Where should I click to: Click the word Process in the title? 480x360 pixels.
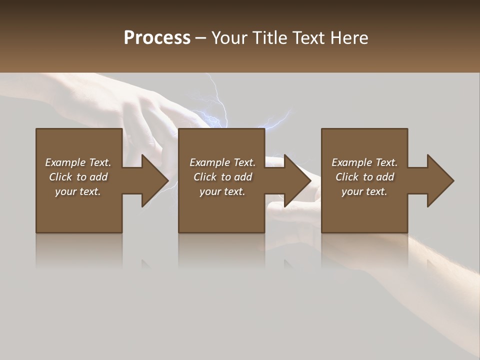157,38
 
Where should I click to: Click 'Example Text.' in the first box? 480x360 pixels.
78,162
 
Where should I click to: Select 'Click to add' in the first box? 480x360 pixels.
78,177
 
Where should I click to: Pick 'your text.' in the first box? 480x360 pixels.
78,191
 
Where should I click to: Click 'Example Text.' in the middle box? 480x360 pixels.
222,162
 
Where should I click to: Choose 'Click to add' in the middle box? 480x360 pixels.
222,177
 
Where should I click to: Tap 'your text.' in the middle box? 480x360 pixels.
222,191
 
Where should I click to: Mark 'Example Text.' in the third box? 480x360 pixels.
364,162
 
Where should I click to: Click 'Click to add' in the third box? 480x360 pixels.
364,177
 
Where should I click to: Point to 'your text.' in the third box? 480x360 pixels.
364,191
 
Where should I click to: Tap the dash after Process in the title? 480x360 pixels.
201,38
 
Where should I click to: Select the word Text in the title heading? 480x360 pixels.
307,38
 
